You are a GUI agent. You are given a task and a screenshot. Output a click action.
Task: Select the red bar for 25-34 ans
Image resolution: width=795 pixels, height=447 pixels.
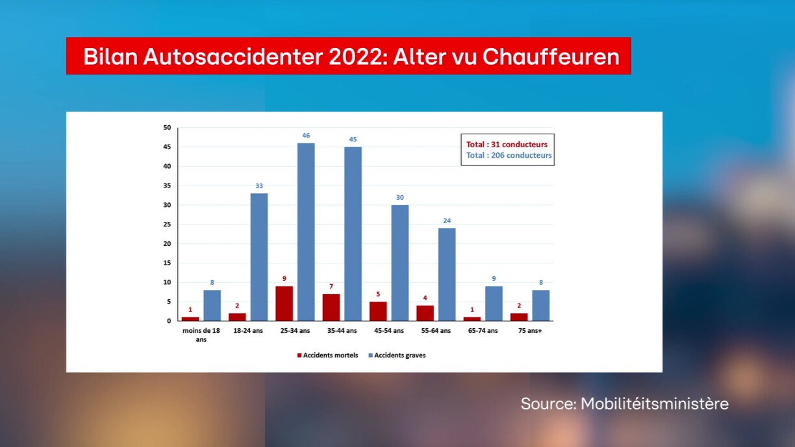coord(284,304)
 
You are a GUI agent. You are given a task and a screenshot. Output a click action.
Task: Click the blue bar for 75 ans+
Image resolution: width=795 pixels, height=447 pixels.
coord(540,306)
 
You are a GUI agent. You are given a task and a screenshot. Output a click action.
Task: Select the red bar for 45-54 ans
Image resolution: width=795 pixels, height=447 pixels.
coord(378,311)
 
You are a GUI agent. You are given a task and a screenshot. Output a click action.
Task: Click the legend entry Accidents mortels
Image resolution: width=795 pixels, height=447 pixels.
coord(327,356)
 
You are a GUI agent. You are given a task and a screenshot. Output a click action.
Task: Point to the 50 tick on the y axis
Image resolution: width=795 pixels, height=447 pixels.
coord(167,128)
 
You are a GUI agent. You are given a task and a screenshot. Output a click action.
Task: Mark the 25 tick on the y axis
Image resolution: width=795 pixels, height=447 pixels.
coord(167,224)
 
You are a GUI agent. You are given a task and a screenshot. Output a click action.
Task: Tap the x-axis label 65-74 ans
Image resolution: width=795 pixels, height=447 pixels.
coord(483,331)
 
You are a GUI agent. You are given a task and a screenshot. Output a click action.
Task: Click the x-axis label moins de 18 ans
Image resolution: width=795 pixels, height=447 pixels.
coord(201,335)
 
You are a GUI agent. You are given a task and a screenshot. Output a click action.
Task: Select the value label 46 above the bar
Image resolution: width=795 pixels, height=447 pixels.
coord(306,136)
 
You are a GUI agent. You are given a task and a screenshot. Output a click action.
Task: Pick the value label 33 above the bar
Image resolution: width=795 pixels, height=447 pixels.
coord(259,186)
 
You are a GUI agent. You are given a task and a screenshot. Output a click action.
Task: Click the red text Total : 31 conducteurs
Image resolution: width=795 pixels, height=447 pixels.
coord(507,145)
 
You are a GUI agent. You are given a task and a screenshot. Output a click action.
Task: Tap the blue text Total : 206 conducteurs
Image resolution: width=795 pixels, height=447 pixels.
coord(509,156)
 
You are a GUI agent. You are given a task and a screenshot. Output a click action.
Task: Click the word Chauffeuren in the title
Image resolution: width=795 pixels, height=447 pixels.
coord(551,56)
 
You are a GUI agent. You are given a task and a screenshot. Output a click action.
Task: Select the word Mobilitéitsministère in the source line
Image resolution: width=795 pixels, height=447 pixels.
coord(654,404)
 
